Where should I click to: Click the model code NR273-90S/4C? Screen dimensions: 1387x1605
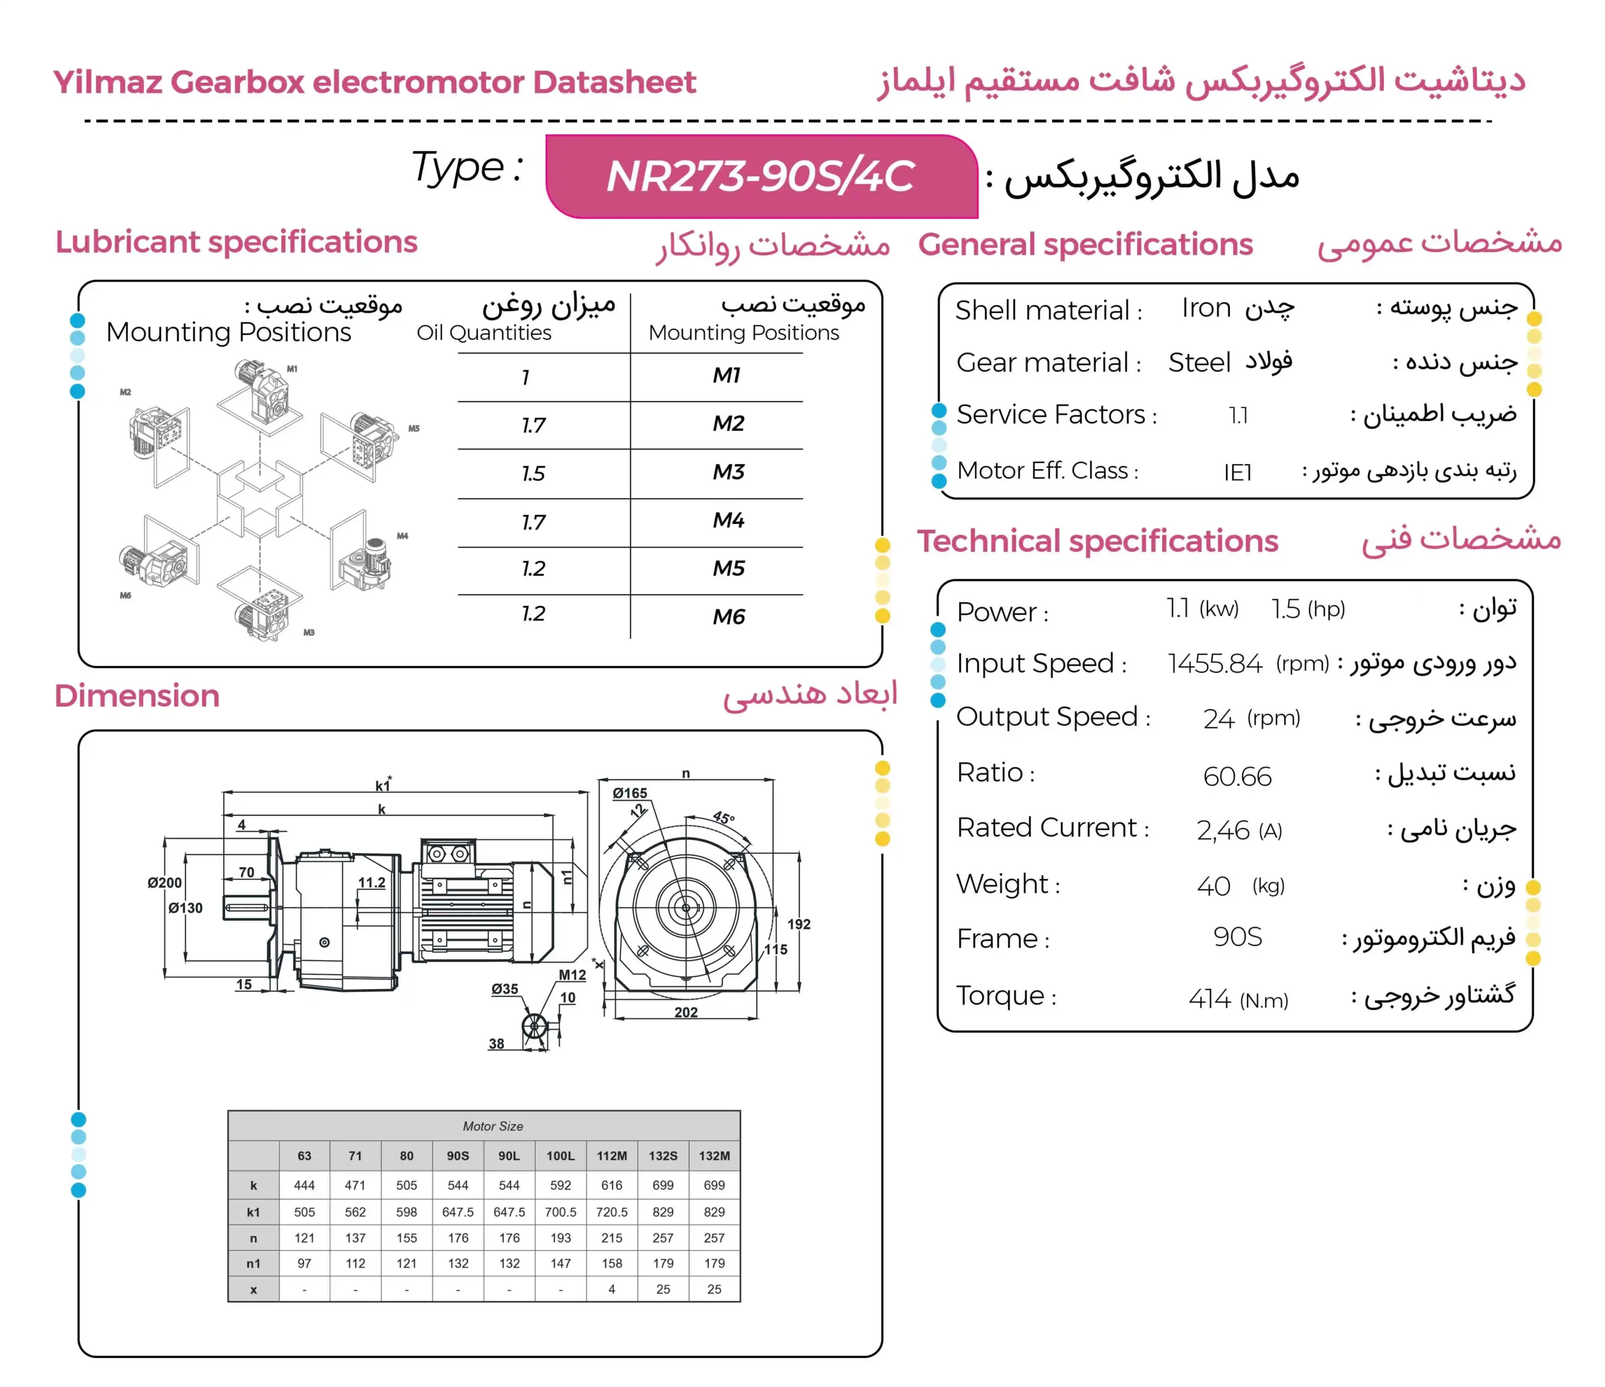(760, 177)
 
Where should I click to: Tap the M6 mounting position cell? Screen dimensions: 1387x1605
(728, 617)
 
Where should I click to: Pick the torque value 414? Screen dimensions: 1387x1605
(1210, 999)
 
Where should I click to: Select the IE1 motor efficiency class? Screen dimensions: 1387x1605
(1238, 472)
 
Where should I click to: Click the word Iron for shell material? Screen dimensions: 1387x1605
(1206, 309)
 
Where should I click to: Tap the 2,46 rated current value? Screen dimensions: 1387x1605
(1223, 831)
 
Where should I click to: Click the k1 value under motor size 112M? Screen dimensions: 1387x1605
(611, 1212)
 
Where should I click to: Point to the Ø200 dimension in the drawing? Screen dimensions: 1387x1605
(164, 883)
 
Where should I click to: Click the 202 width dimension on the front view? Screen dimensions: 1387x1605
(685, 1012)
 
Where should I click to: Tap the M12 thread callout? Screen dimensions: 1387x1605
(572, 975)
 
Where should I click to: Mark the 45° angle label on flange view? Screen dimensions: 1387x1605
(724, 817)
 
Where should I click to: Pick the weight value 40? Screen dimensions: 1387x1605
(1213, 886)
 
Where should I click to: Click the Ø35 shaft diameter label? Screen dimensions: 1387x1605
(504, 989)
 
